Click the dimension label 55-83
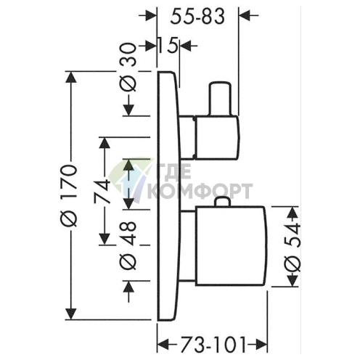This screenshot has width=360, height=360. point(197,17)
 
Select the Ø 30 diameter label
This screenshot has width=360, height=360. point(128,67)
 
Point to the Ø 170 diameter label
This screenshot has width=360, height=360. point(70,195)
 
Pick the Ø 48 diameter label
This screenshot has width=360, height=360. point(128,245)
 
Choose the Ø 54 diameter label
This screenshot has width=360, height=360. point(293,247)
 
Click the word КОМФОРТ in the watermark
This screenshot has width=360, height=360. point(200,191)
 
